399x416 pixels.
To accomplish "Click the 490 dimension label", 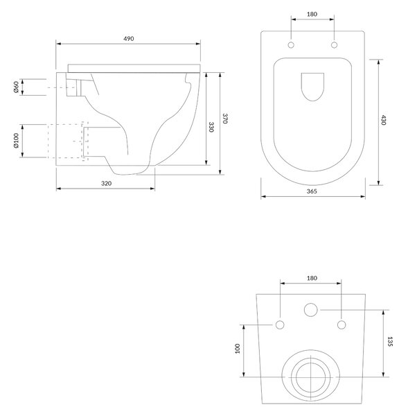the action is point(129,38).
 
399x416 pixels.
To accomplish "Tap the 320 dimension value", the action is point(106,183).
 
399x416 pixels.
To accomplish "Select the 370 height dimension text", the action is point(225,119).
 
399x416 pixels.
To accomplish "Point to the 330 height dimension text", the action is point(211,127).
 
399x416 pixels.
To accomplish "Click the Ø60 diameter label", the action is point(16,87).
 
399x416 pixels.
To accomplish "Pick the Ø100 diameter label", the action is point(16,141).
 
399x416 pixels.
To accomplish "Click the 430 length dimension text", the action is point(384,120).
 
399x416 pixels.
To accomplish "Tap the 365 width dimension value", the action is point(312,191).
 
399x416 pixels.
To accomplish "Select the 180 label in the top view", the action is point(312,14).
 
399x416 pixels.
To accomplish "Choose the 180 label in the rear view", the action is point(312,278).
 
